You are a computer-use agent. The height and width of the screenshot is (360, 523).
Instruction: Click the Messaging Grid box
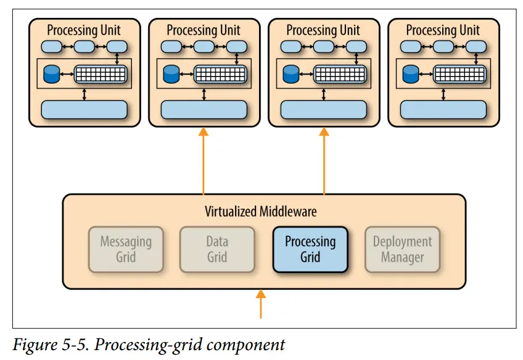click(126, 249)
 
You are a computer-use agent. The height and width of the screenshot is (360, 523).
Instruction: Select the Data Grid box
click(217, 249)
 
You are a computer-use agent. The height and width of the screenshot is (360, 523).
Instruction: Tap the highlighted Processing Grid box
click(310, 249)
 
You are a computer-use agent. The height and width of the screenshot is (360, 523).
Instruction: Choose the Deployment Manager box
click(402, 249)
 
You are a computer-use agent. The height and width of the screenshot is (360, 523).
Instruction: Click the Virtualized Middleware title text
click(261, 212)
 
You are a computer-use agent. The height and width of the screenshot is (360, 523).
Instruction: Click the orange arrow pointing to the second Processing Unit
click(203, 160)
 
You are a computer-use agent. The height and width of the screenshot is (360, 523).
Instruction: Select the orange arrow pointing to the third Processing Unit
click(323, 160)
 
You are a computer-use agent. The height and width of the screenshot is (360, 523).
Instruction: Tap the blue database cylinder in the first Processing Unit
click(51, 74)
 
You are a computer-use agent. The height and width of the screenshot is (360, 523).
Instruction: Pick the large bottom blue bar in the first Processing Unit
click(84, 110)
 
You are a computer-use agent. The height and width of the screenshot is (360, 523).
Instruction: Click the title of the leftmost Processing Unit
click(84, 30)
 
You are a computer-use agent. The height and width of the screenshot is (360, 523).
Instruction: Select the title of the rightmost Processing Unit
click(443, 30)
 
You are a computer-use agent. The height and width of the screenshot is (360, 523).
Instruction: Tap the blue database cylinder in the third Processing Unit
click(290, 74)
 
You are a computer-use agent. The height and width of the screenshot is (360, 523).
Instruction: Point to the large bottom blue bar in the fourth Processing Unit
click(443, 110)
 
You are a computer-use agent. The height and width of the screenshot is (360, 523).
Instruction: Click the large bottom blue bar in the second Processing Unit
click(204, 110)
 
